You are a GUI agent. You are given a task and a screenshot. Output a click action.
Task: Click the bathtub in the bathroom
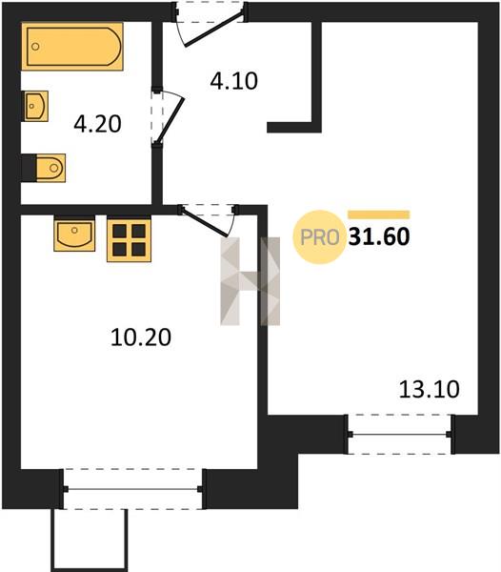(72, 47)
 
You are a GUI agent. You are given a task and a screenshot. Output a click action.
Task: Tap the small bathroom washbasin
(36, 106)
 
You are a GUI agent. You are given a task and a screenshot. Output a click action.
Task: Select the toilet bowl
(50, 168)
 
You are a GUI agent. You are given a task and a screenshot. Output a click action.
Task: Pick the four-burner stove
(129, 240)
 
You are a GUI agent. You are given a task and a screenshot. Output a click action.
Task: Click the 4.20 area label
(97, 124)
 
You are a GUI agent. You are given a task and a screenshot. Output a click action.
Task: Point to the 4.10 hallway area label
(234, 81)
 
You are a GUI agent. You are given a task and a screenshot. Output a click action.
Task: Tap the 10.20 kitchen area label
(141, 337)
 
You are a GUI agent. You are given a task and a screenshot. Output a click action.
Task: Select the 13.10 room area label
(430, 390)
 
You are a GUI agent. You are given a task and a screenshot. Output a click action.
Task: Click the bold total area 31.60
(379, 236)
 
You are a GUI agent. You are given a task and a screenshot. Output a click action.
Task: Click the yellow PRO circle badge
(319, 237)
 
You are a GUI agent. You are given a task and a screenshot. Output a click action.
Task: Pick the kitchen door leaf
(205, 222)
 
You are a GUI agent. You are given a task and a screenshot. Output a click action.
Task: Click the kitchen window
(132, 489)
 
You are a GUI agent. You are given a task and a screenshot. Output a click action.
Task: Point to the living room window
(400, 435)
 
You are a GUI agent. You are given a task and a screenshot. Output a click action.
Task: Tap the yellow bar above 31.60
(379, 214)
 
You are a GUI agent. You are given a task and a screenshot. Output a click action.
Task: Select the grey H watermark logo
(250, 281)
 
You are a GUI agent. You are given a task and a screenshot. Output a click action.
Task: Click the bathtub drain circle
(35, 47)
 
